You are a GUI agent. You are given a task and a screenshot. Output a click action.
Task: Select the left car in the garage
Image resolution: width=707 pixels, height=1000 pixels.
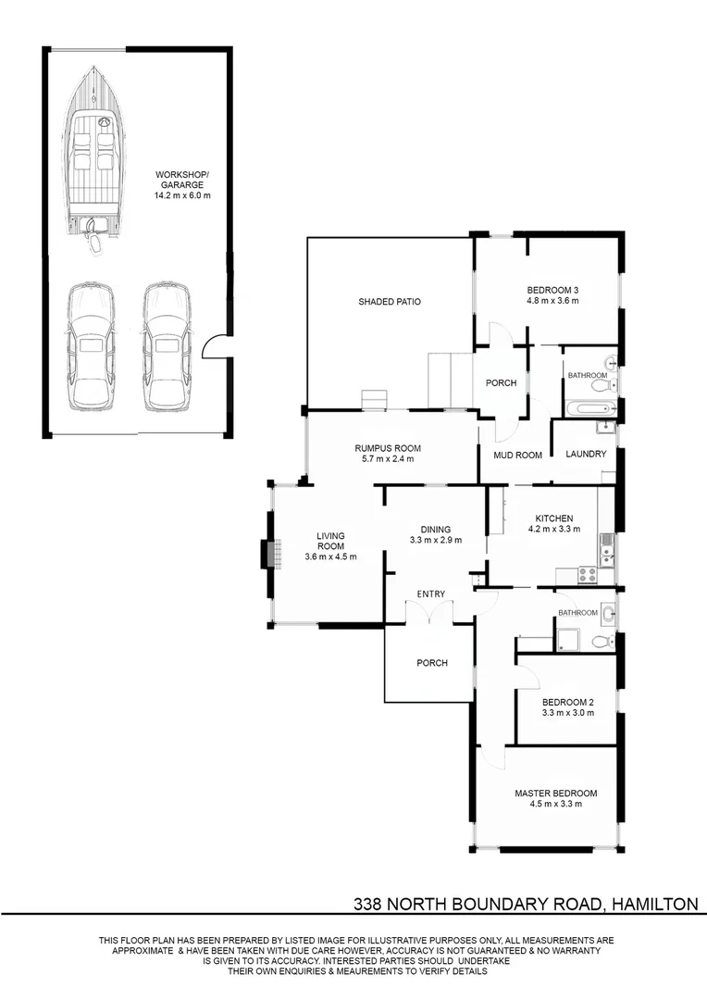click(x=91, y=346)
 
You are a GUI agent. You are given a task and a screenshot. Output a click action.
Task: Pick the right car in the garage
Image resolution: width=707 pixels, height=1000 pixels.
click(x=167, y=346)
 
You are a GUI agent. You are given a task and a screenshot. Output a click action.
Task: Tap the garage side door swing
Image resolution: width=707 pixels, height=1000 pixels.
click(x=211, y=346)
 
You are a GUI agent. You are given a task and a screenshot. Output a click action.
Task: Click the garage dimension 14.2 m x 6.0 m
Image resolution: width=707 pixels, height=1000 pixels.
click(x=182, y=196)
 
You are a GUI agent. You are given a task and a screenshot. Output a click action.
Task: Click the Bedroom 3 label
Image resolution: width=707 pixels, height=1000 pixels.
click(x=552, y=288)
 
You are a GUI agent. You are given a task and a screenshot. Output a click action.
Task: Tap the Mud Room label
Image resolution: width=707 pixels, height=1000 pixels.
click(x=516, y=455)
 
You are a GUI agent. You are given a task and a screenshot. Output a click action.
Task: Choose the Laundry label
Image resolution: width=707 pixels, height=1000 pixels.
click(x=586, y=454)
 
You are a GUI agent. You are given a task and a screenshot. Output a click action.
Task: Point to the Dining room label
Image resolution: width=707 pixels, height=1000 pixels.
click(x=435, y=529)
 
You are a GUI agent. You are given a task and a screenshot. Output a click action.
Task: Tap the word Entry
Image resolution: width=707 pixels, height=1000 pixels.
click(x=430, y=594)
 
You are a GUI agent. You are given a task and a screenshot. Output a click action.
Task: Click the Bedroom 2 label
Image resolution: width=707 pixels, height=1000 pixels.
click(x=567, y=702)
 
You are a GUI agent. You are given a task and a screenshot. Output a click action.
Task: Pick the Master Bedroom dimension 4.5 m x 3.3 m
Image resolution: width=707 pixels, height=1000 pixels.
click(x=555, y=805)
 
